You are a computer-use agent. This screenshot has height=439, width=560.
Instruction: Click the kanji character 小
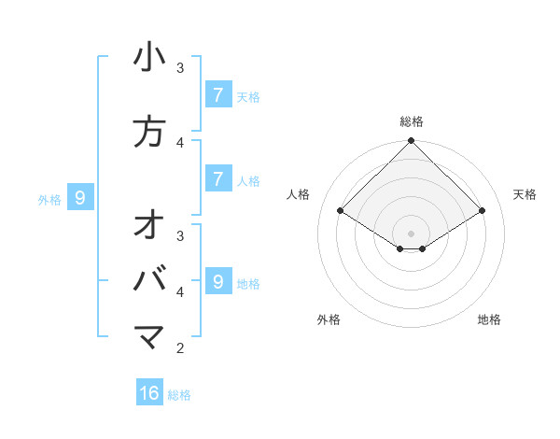coord(149,58)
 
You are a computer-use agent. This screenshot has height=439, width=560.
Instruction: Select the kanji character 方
coord(149,132)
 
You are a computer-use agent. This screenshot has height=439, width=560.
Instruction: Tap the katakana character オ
coord(149,226)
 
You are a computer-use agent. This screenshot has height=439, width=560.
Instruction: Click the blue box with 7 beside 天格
coord(217,94)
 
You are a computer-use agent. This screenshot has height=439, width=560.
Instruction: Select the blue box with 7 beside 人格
coord(217,178)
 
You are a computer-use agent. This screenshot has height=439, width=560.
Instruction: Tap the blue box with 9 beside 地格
coord(217,281)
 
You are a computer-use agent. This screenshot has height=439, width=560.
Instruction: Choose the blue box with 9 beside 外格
coord(80,197)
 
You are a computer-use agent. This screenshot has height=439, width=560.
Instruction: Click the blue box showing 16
coord(149,393)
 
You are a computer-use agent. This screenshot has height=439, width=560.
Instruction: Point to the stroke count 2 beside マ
coord(180,348)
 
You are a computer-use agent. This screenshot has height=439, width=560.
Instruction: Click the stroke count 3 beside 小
coord(180,67)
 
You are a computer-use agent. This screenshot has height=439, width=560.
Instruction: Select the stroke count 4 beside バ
coord(180,291)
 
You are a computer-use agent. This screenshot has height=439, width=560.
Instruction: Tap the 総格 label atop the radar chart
coord(412,121)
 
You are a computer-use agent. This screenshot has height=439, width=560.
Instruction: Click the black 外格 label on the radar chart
coord(329,319)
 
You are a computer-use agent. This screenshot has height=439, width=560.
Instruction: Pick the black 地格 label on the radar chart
coord(489,319)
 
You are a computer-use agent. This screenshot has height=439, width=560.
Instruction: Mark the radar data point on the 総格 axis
coord(412,141)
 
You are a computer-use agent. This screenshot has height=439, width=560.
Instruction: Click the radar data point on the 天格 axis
coord(483,211)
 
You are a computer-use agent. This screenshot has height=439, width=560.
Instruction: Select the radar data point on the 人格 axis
coord(341,211)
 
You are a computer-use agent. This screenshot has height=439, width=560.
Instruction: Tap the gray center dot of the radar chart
coord(412,233)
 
